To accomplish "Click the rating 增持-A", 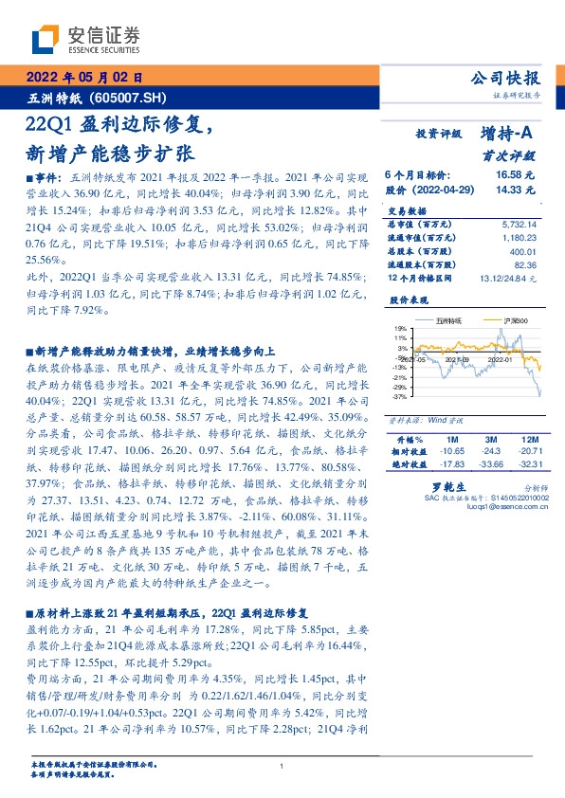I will pos(508,134).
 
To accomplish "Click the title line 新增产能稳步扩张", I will pos(113,152).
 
